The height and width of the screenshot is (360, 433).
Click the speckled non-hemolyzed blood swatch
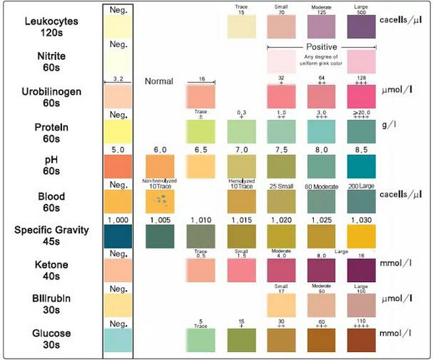coord(162,201)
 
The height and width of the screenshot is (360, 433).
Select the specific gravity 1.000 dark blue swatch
coord(118,236)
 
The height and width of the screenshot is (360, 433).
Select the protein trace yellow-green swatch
coord(201,131)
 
